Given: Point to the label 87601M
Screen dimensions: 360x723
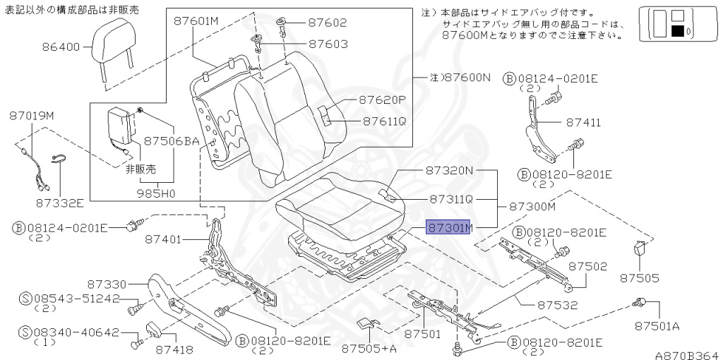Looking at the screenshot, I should click(196, 21).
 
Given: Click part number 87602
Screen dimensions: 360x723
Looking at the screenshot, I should click(328, 23).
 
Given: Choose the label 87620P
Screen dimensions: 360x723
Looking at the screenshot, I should click(382, 100).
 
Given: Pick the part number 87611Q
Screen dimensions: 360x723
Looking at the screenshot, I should click(384, 121).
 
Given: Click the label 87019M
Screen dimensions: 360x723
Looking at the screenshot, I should click(32, 114).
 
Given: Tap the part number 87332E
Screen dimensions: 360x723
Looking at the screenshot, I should click(60, 203).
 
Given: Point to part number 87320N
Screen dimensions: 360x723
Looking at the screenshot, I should click(449, 170).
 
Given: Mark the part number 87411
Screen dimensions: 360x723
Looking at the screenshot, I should click(583, 122).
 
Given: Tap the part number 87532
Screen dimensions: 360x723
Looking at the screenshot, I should click(557, 305).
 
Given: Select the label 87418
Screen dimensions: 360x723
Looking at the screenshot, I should click(174, 349).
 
